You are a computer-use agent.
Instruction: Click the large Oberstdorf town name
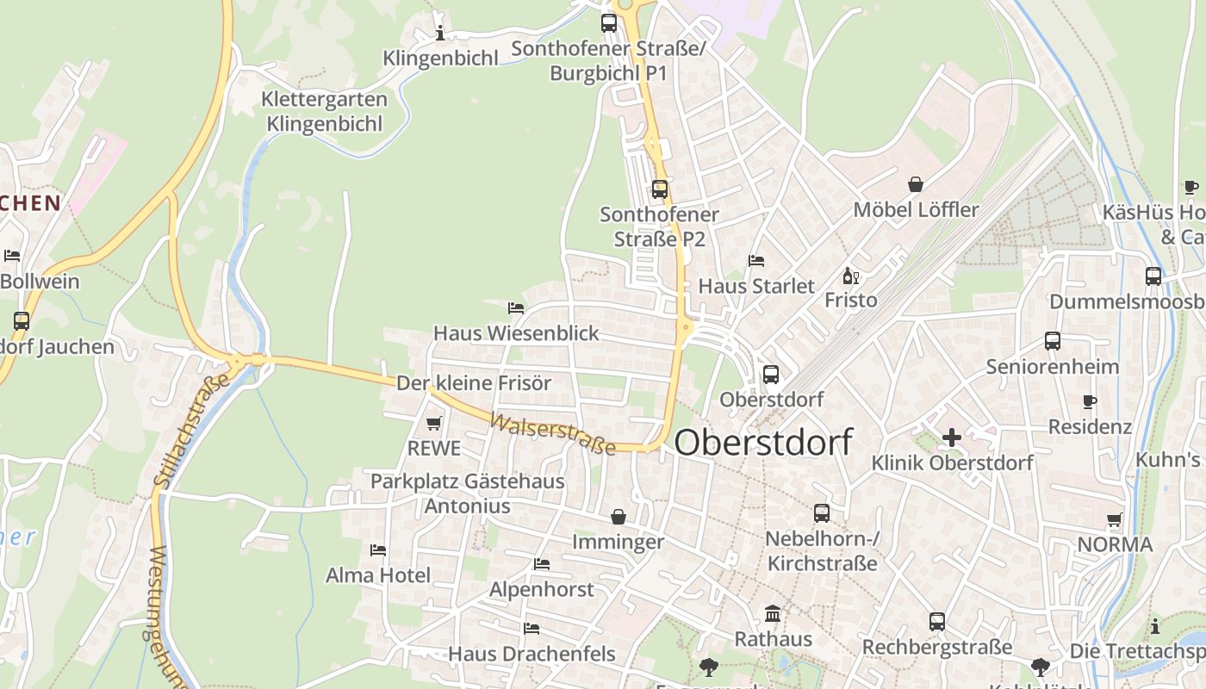tap(763, 443)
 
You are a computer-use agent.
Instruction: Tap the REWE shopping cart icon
tap(434, 424)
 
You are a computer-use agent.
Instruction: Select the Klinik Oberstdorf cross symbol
tap(951, 438)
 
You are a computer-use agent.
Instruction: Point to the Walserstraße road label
tap(553, 434)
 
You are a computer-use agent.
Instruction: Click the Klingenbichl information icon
tap(440, 34)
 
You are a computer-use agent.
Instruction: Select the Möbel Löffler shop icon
tap(915, 184)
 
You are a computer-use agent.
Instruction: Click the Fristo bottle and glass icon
tap(850, 276)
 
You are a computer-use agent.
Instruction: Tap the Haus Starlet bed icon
tap(756, 260)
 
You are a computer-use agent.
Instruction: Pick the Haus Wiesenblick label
tap(516, 333)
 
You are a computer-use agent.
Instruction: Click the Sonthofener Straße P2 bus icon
tap(660, 189)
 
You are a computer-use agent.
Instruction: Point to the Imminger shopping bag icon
tap(619, 517)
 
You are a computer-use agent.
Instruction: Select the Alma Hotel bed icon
tap(377, 550)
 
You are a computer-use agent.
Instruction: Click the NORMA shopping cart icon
tap(1115, 520)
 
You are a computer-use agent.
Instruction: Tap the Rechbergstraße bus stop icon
tap(937, 622)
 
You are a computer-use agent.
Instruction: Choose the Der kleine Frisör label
tap(474, 383)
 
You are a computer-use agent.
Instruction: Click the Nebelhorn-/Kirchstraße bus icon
tap(822, 513)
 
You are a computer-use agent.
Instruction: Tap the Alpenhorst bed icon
tap(541, 564)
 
